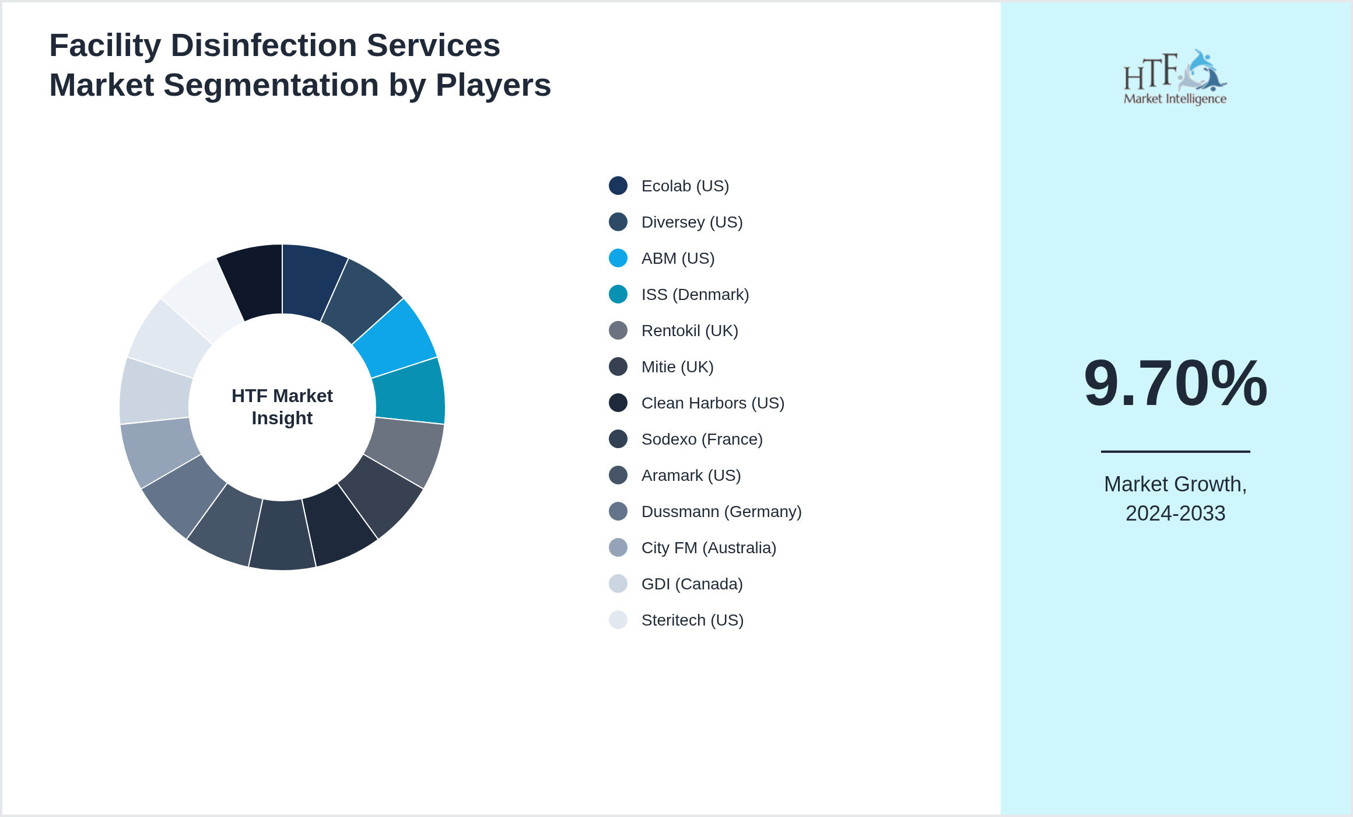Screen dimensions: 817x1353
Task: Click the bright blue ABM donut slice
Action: [x=397, y=338]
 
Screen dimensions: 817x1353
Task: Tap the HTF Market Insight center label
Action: [x=282, y=407]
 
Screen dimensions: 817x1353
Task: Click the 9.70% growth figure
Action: [x=1175, y=383]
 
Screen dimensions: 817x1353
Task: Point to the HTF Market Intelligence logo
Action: [x=1175, y=78]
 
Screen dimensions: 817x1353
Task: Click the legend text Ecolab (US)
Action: [x=685, y=186]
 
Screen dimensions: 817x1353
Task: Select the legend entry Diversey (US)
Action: [x=692, y=222]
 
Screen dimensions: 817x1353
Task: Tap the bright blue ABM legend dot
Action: [x=618, y=258]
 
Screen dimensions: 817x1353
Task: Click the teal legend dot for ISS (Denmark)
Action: [x=618, y=294]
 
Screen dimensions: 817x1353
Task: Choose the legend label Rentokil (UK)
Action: [x=689, y=331]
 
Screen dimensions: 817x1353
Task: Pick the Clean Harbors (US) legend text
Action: [x=713, y=403]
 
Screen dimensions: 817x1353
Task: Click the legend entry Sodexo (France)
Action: [x=702, y=439]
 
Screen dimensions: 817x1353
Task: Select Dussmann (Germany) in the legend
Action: [x=721, y=512]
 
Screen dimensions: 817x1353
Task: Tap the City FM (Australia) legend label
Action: [x=709, y=548]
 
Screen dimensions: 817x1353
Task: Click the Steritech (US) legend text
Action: [x=692, y=620]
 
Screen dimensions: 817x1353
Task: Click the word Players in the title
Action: [x=493, y=85]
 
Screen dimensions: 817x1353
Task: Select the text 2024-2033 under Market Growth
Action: [x=1175, y=514]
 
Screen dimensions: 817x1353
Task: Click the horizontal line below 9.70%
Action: [x=1175, y=451]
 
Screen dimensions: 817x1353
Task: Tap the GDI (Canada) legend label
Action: [x=692, y=584]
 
